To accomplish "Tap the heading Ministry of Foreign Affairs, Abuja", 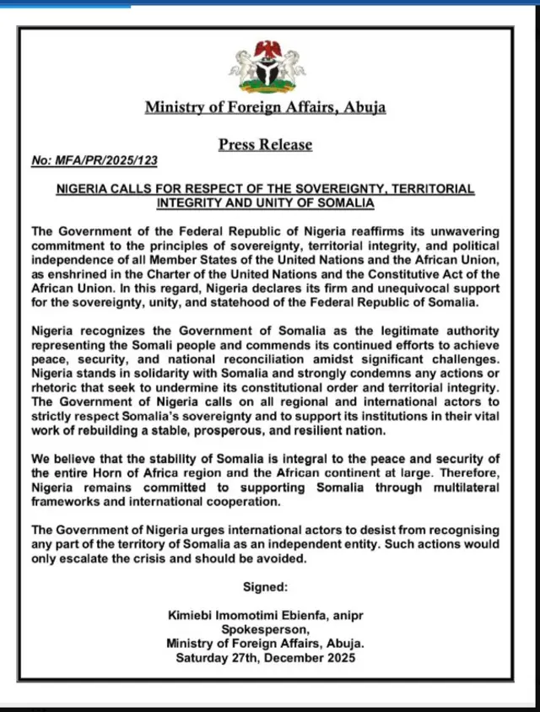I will (x=266, y=107).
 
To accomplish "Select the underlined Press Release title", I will (x=266, y=144).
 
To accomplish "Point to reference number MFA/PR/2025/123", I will (x=93, y=160).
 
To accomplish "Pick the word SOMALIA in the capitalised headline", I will (x=344, y=203).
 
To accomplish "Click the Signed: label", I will (x=265, y=586).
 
